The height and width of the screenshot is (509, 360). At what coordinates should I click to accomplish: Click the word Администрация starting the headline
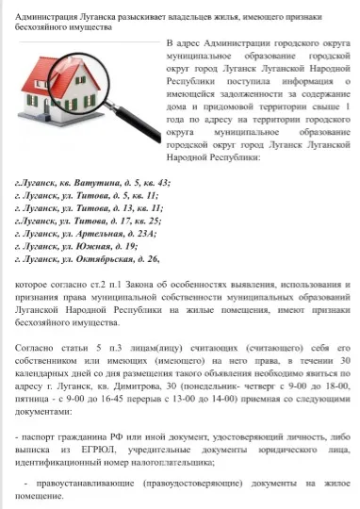point(40,16)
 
